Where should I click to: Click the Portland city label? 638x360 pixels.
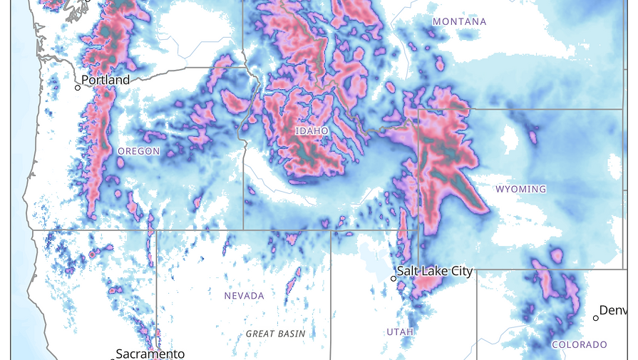click(x=106, y=80)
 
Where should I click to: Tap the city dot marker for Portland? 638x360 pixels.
click(x=78, y=88)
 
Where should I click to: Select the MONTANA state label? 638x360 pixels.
click(x=460, y=22)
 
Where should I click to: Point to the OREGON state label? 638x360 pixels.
click(x=138, y=151)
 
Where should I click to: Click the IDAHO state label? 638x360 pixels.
click(x=312, y=131)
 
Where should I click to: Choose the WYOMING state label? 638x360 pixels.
click(x=520, y=189)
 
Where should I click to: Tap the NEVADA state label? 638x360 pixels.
click(x=244, y=296)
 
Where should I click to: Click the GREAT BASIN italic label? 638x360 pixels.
click(x=275, y=334)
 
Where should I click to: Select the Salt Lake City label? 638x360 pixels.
click(x=435, y=271)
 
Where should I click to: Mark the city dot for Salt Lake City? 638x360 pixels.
click(x=393, y=278)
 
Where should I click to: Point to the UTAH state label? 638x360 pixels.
click(x=400, y=331)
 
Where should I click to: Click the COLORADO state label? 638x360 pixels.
click(x=580, y=344)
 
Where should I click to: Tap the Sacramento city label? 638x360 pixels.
click(x=150, y=354)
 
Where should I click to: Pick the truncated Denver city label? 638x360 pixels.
click(x=617, y=310)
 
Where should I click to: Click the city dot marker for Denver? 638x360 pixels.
click(x=596, y=318)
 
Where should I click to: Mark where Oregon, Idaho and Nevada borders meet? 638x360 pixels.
click(x=244, y=230)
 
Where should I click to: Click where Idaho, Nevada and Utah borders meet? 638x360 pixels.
click(x=331, y=230)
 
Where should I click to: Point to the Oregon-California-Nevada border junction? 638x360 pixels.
click(x=156, y=230)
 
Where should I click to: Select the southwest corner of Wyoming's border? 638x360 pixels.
click(x=418, y=269)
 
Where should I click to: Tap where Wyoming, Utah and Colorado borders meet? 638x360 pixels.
click(x=476, y=269)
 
